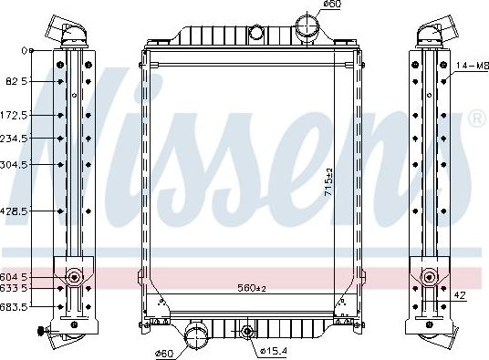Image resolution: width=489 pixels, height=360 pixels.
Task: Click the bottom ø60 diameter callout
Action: click(x=165, y=353)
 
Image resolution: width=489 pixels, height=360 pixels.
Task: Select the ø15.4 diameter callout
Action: click(x=273, y=352)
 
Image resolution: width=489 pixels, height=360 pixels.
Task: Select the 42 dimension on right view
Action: click(x=460, y=295)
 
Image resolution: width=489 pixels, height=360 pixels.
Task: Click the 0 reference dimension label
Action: click(x=30, y=50)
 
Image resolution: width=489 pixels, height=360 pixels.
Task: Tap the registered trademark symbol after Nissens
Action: click(x=475, y=119)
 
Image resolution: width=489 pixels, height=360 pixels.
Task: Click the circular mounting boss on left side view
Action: click(x=73, y=276)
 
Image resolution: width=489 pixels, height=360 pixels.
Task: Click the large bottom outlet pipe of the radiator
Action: click(x=195, y=336)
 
